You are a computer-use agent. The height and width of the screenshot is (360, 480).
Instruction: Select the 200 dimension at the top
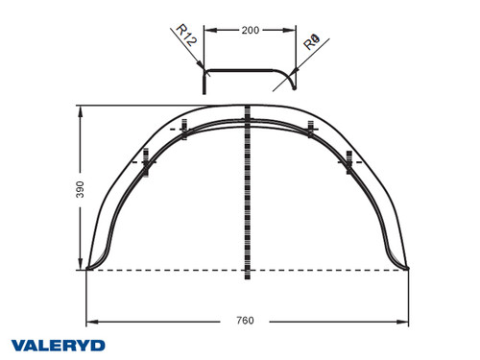(x=250, y=31)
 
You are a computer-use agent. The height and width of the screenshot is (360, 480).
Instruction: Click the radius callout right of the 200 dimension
(x=310, y=43)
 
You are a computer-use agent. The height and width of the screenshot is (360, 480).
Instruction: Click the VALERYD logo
(x=58, y=344)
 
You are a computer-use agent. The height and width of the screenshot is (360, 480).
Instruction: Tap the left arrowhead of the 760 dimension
(x=90, y=321)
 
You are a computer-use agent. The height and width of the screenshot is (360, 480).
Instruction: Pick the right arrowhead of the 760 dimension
(x=408, y=321)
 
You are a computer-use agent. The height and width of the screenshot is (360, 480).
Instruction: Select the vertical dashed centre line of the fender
(x=249, y=192)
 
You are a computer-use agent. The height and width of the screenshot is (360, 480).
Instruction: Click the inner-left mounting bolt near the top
(x=183, y=128)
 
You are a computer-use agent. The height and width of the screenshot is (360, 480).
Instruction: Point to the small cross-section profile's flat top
(x=248, y=70)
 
